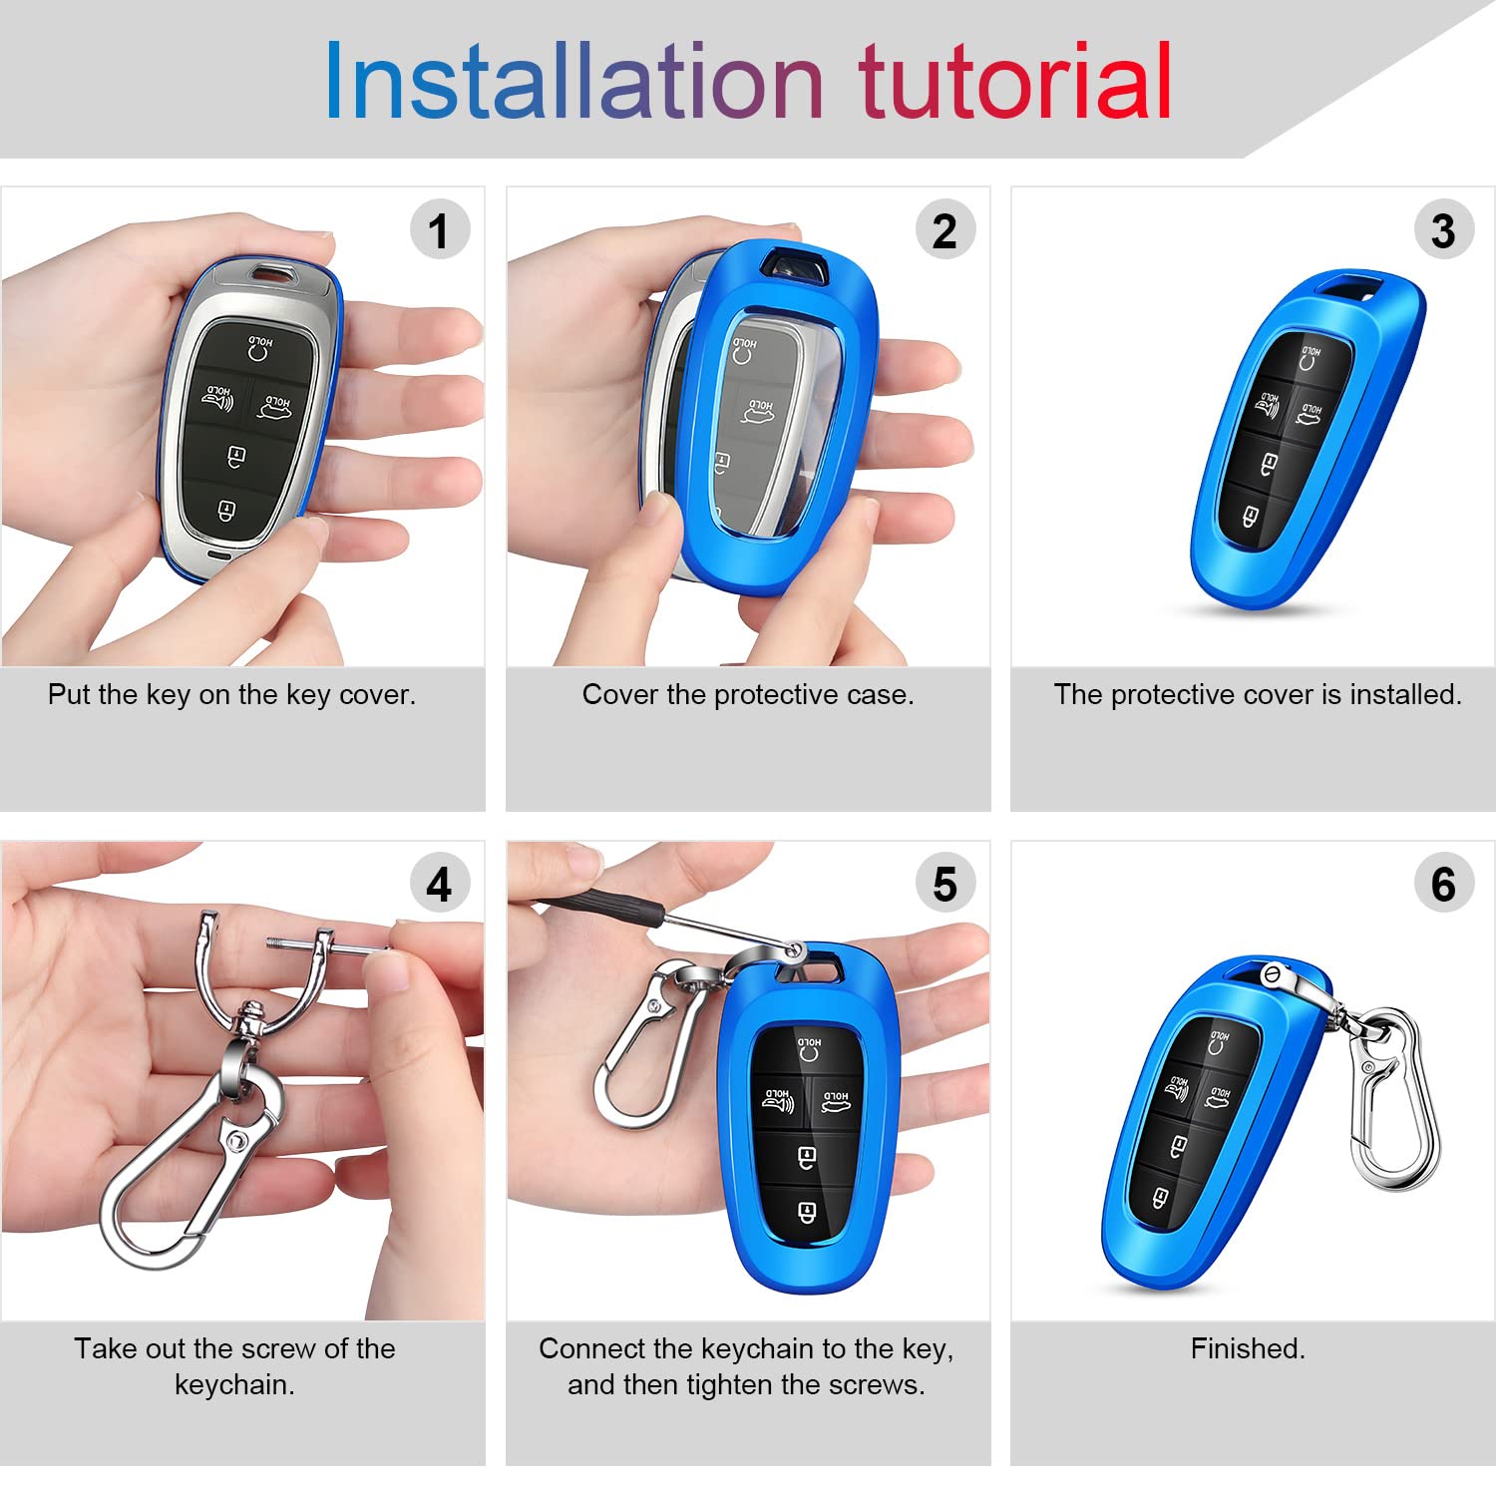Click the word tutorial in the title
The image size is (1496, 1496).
tap(1014, 82)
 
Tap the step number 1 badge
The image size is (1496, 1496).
tap(439, 230)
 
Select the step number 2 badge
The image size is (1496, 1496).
tap(944, 230)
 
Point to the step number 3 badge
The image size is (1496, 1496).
tap(1443, 230)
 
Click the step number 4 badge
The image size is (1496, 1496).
tap(439, 884)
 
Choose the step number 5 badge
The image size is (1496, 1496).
tap(944, 884)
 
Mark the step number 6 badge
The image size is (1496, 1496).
tap(1443, 884)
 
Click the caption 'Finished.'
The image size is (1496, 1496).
tap(1248, 1348)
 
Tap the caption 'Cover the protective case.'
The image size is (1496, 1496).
tap(748, 694)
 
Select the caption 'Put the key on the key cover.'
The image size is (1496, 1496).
tap(231, 694)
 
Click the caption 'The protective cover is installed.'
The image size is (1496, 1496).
tap(1257, 694)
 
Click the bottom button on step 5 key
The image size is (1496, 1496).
tap(807, 1212)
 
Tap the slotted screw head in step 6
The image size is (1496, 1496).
tap(1273, 974)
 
